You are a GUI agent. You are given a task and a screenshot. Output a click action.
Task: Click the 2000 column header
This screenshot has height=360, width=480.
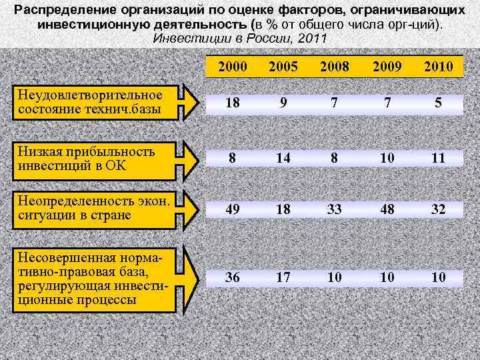tap(233, 67)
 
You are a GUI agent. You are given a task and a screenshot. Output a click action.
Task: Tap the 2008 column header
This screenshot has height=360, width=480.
tap(334, 67)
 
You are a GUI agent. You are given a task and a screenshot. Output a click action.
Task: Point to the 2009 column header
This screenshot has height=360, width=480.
tap(386, 67)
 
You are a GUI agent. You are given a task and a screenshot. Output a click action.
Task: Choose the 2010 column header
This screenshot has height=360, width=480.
tap(438, 67)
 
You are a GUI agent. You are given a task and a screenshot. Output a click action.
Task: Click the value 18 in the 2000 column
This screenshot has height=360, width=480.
tap(233, 104)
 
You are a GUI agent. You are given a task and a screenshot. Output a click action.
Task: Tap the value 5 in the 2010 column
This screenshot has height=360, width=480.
tap(438, 104)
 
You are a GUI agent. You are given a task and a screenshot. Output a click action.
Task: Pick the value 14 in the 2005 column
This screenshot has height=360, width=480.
tap(283, 158)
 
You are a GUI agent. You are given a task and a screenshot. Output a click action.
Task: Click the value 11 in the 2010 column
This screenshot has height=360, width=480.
tap(438, 158)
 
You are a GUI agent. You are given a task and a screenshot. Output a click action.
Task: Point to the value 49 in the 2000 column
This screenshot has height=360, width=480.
tap(233, 210)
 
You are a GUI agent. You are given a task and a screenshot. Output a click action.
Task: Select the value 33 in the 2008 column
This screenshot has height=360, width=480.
tap(334, 210)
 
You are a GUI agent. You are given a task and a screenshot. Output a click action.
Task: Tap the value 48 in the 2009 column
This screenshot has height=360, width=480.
tap(386, 210)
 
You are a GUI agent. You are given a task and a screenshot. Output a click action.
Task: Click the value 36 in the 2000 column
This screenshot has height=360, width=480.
tap(233, 277)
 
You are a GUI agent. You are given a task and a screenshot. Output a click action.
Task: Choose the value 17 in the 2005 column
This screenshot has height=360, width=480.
tap(283, 277)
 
